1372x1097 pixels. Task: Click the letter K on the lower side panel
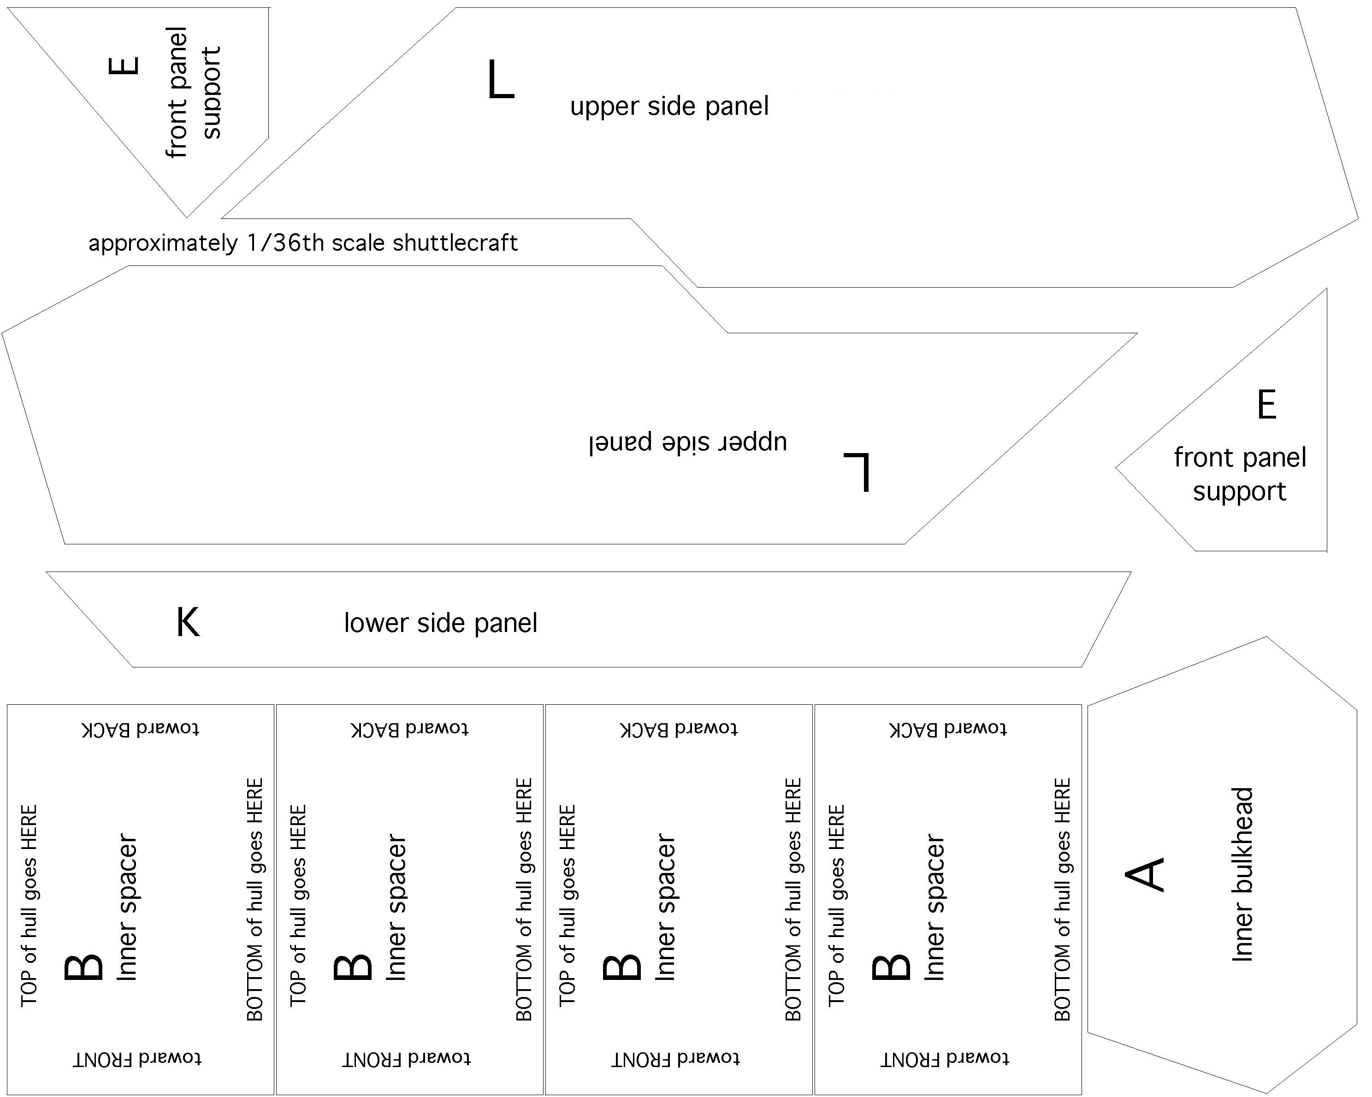click(188, 622)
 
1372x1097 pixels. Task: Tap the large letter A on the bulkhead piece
click(1145, 874)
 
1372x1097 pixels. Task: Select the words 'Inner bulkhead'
click(1242, 874)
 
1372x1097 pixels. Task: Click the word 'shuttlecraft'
click(455, 243)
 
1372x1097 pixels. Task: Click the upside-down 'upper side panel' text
click(687, 442)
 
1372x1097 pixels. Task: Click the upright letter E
click(1266, 404)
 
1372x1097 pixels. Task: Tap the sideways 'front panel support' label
click(193, 92)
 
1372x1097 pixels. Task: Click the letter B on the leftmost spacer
click(83, 967)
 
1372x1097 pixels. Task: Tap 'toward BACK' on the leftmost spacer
click(141, 729)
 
